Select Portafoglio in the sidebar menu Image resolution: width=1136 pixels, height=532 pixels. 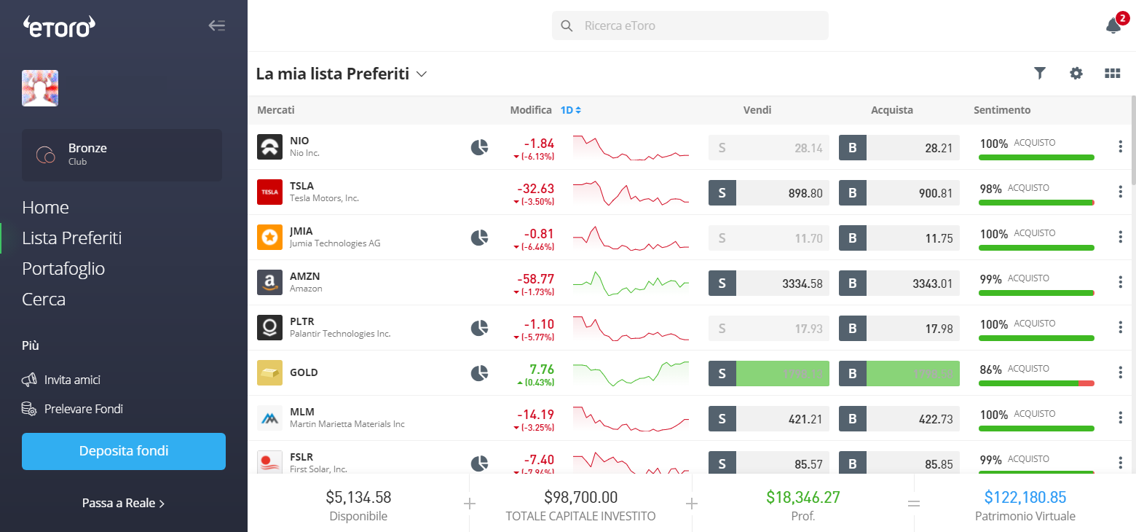pos(63,269)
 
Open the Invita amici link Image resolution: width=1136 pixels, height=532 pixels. pos(72,380)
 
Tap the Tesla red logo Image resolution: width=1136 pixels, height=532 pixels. pos(269,192)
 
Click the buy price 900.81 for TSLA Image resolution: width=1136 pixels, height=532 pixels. pos(912,192)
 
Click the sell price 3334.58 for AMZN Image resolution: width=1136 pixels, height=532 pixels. pos(782,283)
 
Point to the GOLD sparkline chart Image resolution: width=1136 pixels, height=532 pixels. pos(631,372)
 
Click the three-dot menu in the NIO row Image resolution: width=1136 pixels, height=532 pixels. pos(1120,147)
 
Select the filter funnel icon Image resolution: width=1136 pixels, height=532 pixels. pos(1040,73)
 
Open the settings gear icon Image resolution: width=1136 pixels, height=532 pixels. pos(1076,73)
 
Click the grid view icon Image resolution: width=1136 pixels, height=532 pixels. pos(1112,73)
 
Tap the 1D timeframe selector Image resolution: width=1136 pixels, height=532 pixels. pos(570,110)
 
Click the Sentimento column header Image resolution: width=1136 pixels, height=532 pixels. pos(1002,110)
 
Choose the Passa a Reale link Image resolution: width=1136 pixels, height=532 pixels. pos(123,503)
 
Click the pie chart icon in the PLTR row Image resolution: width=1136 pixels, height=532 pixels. pos(479,328)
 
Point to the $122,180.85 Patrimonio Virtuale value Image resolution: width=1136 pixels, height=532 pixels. pos(1025,498)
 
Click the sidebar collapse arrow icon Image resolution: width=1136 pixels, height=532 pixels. pos(217,26)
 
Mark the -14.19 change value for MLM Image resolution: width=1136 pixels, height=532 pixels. pos(535,415)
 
